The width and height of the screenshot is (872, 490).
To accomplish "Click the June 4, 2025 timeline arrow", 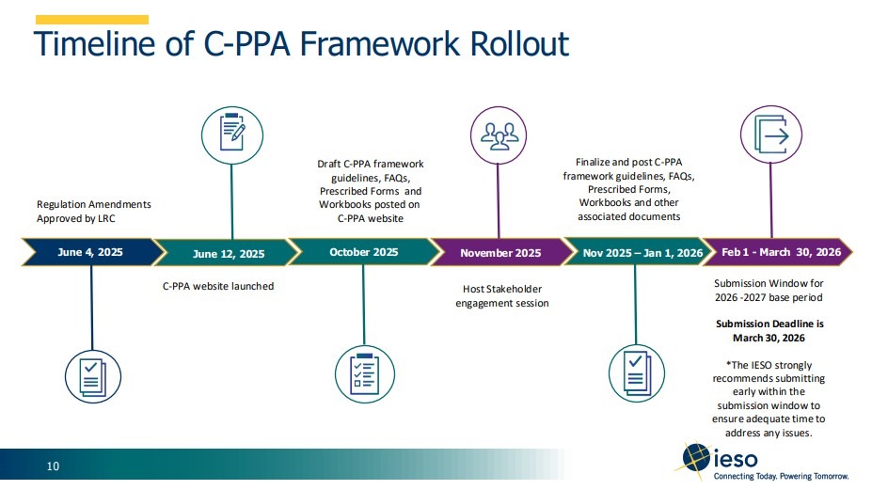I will (x=89, y=252).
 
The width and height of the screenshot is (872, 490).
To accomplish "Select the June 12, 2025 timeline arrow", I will (x=229, y=253).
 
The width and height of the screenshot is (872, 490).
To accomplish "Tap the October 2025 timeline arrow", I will (x=363, y=252).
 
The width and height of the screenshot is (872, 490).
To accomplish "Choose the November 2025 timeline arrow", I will (x=500, y=252).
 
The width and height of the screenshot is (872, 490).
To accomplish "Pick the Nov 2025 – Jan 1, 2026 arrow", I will (x=642, y=252).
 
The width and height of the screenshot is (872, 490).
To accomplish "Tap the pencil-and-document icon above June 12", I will (x=232, y=133).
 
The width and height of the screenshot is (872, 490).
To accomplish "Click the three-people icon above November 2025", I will (x=499, y=133).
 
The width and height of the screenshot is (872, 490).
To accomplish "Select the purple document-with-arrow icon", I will (x=771, y=133).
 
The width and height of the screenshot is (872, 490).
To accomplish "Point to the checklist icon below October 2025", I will (x=363, y=371).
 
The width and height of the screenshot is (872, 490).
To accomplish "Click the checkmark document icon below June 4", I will (x=92, y=371).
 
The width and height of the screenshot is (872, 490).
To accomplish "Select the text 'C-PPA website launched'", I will (x=218, y=286).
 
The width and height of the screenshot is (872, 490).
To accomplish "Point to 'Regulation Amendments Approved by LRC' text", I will (x=93, y=211).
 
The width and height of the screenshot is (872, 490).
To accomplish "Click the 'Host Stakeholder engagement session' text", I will (x=501, y=295).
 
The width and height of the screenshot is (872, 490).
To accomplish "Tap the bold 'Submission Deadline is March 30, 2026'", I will (x=769, y=330).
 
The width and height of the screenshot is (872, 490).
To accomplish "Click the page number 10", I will (x=54, y=466).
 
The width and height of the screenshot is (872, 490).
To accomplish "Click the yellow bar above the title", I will (x=92, y=19).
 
